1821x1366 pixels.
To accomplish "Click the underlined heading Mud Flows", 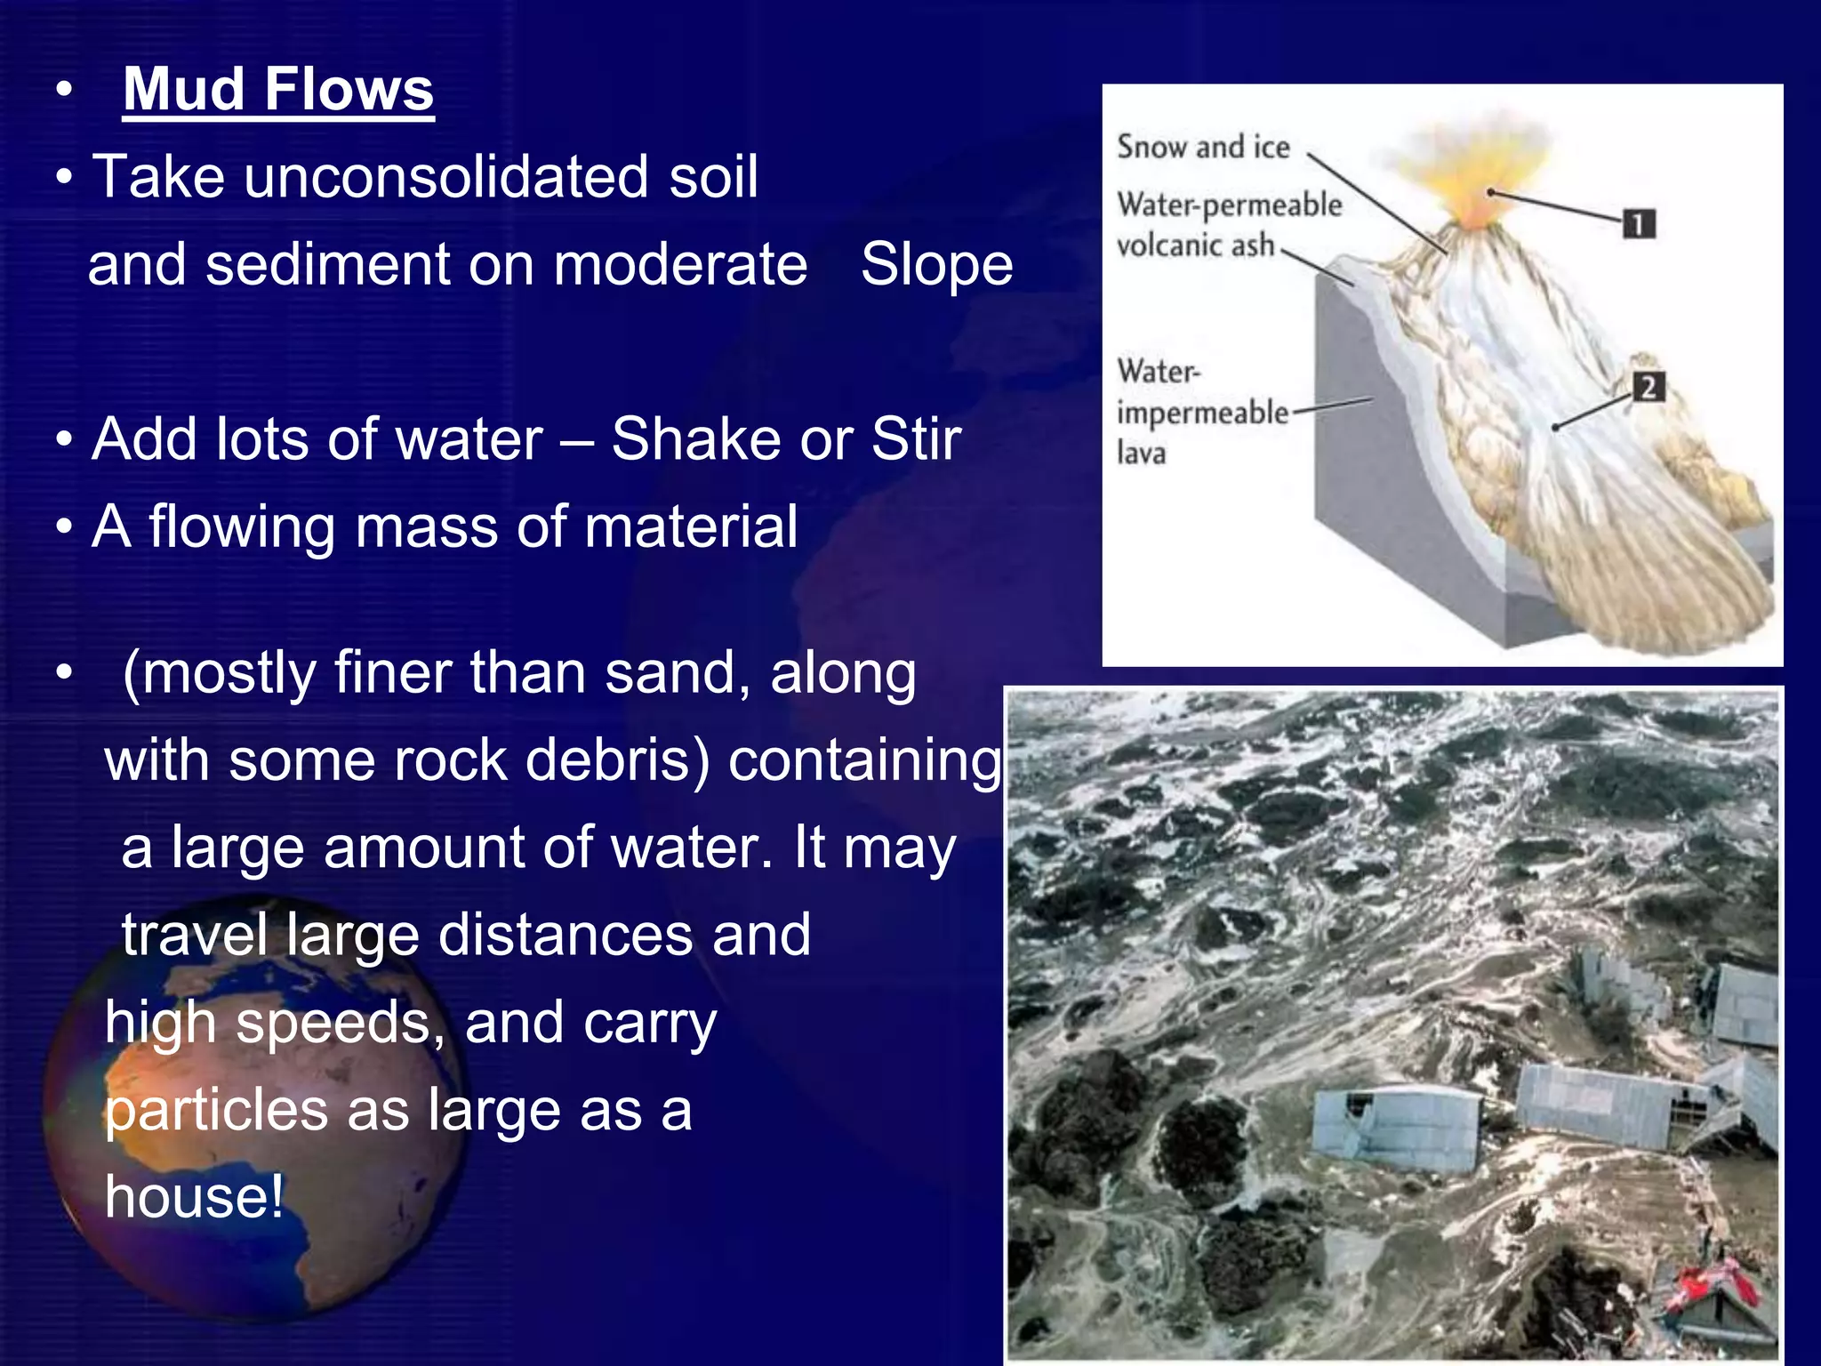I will click(278, 89).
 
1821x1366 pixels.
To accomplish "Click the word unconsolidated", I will click(447, 176).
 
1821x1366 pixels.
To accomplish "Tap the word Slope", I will click(936, 264).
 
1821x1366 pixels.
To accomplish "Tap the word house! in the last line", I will click(195, 1196).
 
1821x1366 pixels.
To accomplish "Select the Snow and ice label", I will click(1202, 147).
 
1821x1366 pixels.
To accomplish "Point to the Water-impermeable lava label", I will click(1200, 412).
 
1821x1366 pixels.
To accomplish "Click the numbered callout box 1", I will click(1638, 223).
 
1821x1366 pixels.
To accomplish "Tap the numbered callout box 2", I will click(1648, 387).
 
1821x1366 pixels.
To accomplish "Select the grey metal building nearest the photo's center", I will click(1398, 1127).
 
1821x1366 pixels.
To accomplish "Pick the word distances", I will click(565, 935).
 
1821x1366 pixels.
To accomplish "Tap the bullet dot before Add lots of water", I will click(63, 440).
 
